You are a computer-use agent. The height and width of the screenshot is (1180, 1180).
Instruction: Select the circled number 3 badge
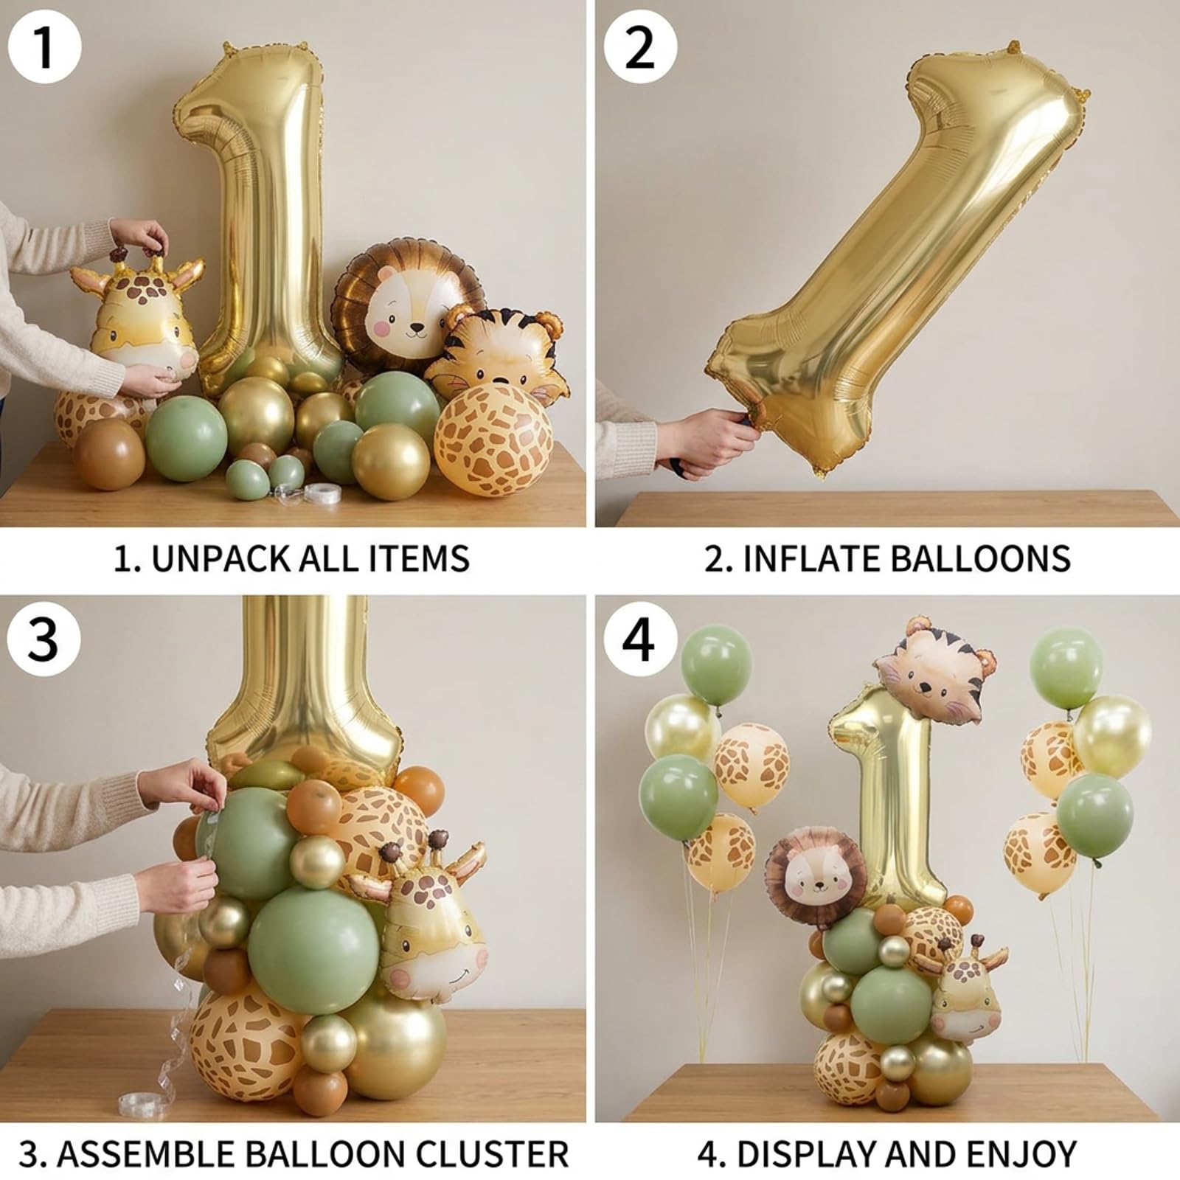pos(44,639)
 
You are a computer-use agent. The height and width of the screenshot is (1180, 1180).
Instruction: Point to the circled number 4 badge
pos(639,639)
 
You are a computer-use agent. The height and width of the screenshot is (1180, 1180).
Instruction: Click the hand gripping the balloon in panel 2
pos(709,442)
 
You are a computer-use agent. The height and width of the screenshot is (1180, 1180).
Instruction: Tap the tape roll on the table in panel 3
pos(148,1103)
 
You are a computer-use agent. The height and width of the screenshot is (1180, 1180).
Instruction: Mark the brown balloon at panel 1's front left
pos(108,454)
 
